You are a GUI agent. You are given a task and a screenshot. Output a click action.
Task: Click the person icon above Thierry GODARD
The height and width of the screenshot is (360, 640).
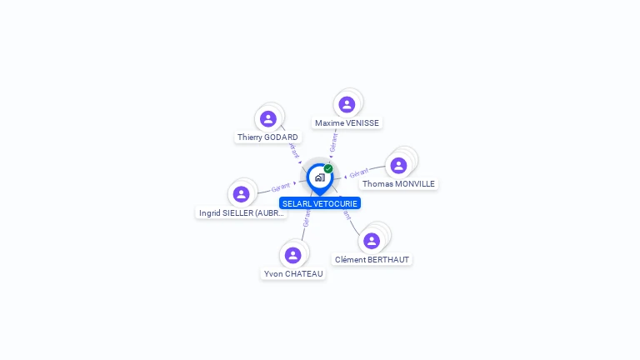(x=267, y=118)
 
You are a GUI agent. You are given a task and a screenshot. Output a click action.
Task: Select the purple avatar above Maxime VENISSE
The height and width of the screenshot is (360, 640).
(x=347, y=104)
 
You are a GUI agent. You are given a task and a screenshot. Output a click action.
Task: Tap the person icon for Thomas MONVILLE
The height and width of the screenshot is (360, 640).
(x=398, y=165)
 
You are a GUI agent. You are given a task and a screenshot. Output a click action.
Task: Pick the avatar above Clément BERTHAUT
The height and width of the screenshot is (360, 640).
(x=372, y=241)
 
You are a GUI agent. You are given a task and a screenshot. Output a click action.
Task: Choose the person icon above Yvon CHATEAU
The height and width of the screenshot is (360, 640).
(x=292, y=255)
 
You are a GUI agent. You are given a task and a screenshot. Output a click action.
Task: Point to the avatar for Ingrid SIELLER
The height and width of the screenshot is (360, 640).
(x=241, y=194)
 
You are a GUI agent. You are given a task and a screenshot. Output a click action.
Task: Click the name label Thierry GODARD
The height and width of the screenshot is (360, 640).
(x=267, y=137)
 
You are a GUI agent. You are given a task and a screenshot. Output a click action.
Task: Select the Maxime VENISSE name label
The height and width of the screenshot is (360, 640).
(x=347, y=123)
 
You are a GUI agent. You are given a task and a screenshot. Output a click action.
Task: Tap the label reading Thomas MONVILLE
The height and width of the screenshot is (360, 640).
(x=398, y=184)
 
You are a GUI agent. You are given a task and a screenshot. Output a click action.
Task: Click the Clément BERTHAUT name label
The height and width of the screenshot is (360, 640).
(x=372, y=260)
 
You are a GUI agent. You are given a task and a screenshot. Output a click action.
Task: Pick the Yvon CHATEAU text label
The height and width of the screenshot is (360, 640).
(x=293, y=274)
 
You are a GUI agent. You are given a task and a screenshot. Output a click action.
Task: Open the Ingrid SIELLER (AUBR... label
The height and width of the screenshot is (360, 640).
(x=242, y=213)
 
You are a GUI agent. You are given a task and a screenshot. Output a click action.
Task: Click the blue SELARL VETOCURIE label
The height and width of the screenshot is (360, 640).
(x=320, y=203)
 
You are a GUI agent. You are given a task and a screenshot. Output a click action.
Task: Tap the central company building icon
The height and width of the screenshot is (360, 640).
(x=319, y=177)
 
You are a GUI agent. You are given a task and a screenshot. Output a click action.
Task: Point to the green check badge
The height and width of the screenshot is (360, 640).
(x=328, y=169)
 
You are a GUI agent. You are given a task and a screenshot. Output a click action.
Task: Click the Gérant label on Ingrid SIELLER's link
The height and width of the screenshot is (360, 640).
(x=281, y=187)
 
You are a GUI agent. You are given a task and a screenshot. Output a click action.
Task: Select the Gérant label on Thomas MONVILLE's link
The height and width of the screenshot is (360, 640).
(x=358, y=173)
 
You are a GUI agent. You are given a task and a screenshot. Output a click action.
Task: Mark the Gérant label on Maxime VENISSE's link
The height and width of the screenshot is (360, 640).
(x=333, y=142)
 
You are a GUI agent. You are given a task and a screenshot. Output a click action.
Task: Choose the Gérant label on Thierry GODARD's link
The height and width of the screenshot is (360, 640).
(x=293, y=150)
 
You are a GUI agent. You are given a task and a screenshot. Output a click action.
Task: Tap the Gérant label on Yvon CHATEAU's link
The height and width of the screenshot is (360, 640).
(x=306, y=218)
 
